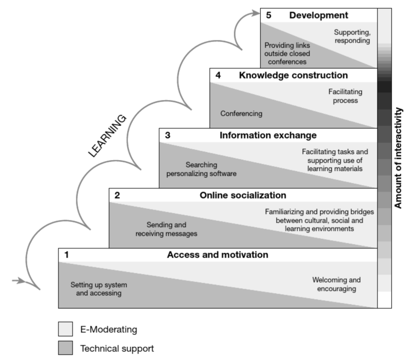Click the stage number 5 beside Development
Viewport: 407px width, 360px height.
coord(268,16)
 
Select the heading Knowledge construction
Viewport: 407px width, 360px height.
coord(293,75)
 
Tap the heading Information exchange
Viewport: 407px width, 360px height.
coord(268,135)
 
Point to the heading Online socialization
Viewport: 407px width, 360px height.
coord(242,195)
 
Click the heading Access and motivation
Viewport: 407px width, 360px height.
coord(217,255)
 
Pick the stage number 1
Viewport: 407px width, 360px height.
coord(66,255)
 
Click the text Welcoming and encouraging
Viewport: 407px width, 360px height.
coord(336,284)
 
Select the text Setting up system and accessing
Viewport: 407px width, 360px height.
coord(99,289)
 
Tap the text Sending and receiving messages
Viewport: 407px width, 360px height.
coord(166,230)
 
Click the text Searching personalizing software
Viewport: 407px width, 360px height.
coord(202,169)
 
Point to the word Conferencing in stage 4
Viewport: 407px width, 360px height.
coord(241,114)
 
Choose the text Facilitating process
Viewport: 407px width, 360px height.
coord(345,96)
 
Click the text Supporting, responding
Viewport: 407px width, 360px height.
coord(352,36)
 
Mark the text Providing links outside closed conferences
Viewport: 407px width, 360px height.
coord(287,54)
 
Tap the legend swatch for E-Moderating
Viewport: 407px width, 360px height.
coord(66,329)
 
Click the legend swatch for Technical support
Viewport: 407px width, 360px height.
coord(66,349)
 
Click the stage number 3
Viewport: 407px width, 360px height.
coord(167,135)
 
